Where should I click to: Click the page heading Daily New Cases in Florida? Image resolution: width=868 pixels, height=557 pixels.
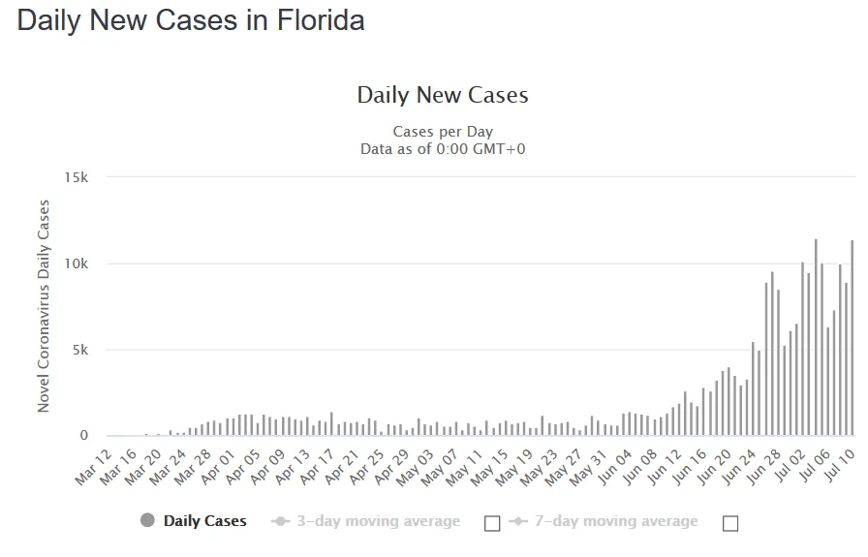point(191,21)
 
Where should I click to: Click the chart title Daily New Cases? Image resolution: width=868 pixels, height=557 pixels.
point(443,95)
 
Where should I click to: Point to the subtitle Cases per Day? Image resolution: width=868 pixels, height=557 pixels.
point(443,132)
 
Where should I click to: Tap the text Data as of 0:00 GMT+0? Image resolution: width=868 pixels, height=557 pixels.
point(443,149)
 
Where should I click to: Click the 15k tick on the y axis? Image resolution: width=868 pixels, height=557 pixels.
point(77,177)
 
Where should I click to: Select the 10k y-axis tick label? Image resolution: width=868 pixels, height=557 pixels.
point(77,263)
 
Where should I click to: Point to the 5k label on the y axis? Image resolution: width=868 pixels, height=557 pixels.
point(79,350)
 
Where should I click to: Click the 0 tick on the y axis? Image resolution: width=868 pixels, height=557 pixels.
point(83,436)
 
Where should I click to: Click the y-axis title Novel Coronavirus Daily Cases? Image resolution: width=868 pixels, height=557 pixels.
point(44,306)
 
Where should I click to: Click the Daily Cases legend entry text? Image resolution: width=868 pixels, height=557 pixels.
point(204,521)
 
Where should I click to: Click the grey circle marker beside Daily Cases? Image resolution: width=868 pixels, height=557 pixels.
point(147,521)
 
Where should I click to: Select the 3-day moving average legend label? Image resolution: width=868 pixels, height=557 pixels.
point(379,521)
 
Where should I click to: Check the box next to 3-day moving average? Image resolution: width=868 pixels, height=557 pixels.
point(492,523)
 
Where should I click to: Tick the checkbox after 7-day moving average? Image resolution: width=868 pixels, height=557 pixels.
point(730,523)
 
